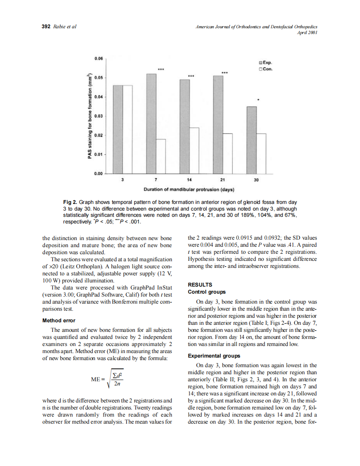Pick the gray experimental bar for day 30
coord(252,140)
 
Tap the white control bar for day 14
coord(194,150)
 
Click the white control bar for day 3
coord(128,129)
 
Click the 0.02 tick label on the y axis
coord(99,135)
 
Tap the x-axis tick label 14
coord(189,180)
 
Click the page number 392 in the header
coord(46,27)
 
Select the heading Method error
coord(59,321)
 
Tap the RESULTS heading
coord(200,285)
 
